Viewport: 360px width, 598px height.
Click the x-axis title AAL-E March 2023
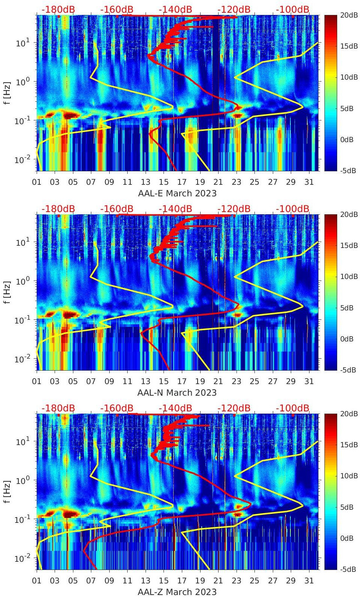click(177, 193)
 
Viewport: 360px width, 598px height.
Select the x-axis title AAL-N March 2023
click(177, 393)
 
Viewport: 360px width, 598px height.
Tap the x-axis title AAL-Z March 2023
click(177, 592)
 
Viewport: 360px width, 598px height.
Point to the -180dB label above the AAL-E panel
click(58, 9)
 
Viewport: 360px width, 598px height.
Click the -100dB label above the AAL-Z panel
click(293, 408)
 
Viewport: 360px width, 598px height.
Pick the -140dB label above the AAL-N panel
click(175, 209)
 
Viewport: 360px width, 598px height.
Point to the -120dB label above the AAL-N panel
click(234, 209)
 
